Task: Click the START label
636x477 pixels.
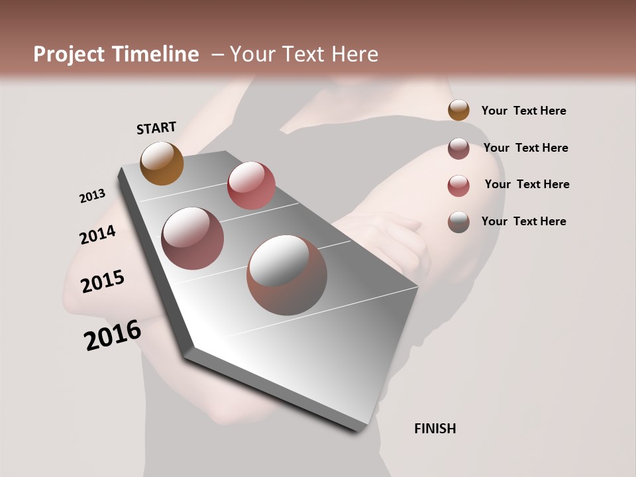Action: coord(156,128)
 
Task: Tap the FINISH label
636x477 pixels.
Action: coord(435,429)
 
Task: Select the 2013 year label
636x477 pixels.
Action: coord(92,196)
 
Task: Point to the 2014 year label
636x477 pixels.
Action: coord(98,235)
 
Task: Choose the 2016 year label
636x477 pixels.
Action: coord(113,335)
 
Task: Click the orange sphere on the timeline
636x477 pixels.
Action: coord(162,163)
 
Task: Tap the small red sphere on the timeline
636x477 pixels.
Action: coord(251,185)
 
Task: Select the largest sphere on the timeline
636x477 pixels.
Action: coord(287,275)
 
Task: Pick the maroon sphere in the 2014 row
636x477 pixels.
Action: coord(193,238)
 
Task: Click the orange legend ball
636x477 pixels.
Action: coord(458,110)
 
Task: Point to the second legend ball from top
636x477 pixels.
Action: coord(458,148)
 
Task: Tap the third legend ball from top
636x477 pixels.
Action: coord(458,185)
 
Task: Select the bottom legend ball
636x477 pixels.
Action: coord(458,222)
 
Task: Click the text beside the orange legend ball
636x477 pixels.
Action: coord(523,111)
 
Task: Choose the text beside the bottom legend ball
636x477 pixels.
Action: coord(523,221)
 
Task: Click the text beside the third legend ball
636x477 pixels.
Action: coord(527,184)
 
